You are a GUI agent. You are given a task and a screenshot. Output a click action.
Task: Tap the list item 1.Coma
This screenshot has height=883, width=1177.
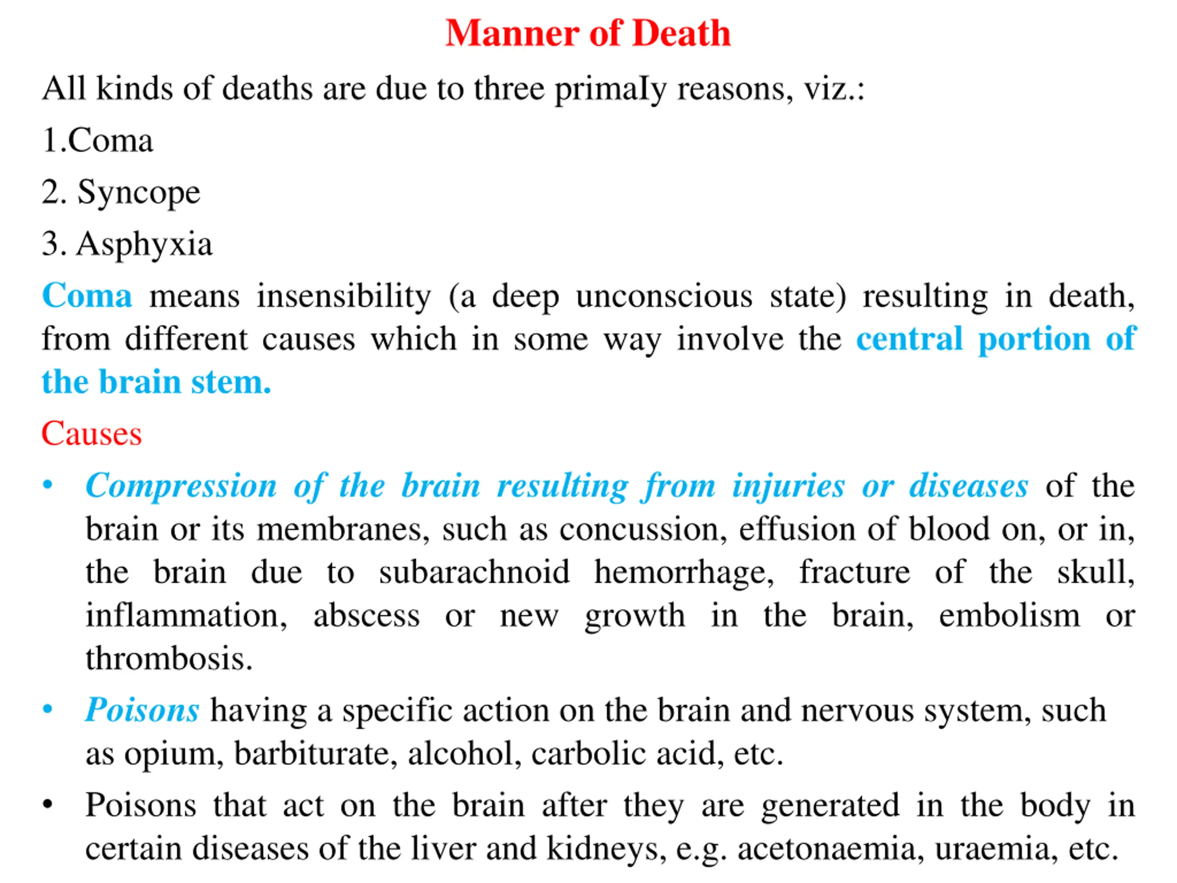tap(97, 141)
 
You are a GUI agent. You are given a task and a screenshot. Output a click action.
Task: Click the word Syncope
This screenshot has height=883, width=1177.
tap(138, 193)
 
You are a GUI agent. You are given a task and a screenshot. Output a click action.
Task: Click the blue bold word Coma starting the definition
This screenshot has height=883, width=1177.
tap(87, 296)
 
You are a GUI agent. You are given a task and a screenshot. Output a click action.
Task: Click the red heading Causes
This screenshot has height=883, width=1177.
tap(91, 434)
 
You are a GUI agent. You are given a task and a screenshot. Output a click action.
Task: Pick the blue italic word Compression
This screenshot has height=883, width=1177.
tap(181, 486)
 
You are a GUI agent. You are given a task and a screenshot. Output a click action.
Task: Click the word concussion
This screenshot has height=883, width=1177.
tap(643, 530)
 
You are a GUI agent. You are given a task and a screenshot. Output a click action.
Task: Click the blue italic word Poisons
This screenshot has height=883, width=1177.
tap(142, 711)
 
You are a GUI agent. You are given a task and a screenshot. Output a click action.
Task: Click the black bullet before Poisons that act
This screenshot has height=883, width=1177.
tap(48, 805)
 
